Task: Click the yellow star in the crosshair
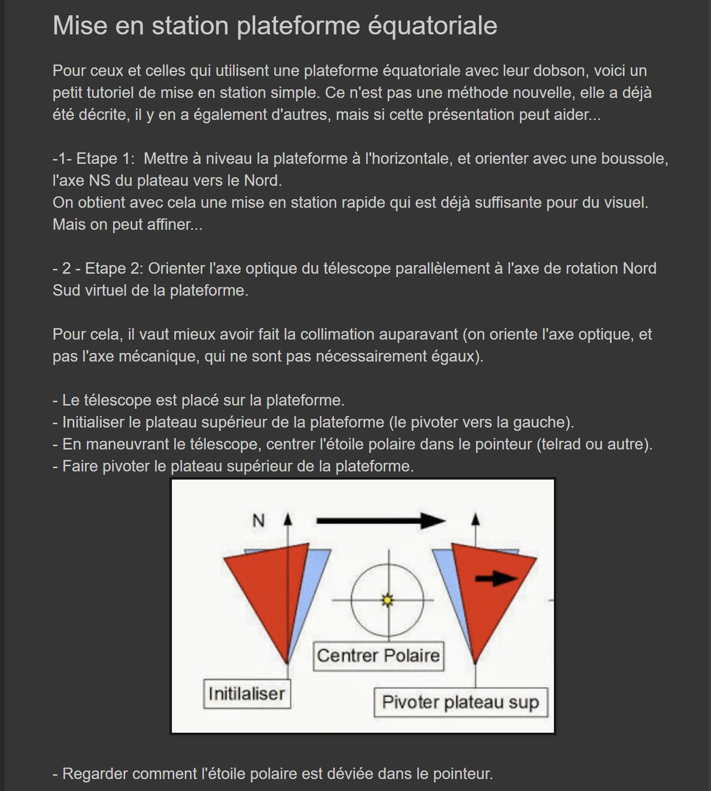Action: tap(387, 600)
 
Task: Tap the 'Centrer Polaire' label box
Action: tap(378, 656)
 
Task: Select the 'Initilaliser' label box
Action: tap(247, 694)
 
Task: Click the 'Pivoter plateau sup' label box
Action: tap(460, 703)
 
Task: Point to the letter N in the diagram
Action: tap(258, 521)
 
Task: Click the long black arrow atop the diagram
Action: tap(380, 521)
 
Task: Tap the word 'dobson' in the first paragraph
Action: tap(559, 71)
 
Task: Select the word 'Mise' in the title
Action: tap(80, 26)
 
